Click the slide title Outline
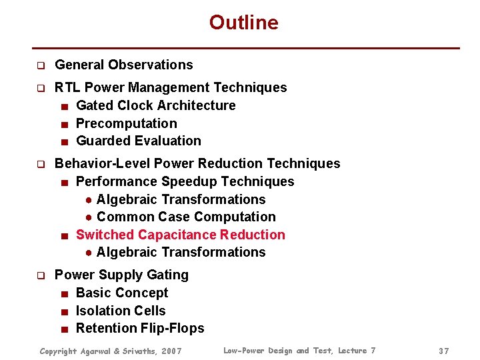click(243, 23)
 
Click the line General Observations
click(123, 65)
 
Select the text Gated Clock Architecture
click(155, 105)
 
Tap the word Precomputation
click(126, 123)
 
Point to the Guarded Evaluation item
click(138, 141)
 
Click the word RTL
click(67, 87)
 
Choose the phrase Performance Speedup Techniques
click(185, 181)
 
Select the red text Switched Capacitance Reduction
click(180, 235)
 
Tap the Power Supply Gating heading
click(121, 275)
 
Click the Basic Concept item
click(122, 293)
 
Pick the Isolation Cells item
click(121, 311)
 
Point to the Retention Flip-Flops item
click(140, 328)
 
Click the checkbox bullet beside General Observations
click(40, 65)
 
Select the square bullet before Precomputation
click(63, 124)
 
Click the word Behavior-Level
click(102, 163)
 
